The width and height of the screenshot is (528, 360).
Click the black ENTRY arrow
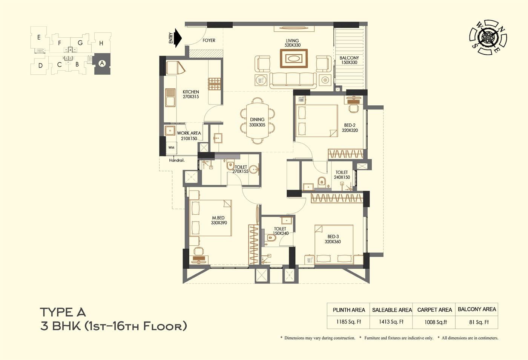[178, 38]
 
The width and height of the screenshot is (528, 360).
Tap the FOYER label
[209, 40]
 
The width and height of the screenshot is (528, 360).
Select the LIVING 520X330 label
[293, 43]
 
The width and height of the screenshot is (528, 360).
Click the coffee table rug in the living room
[294, 58]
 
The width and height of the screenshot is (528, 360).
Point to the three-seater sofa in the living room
[293, 80]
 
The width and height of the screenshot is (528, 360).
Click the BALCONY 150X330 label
[349, 60]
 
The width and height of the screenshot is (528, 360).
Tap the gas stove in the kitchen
[214, 84]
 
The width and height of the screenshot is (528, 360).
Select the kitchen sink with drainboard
[170, 98]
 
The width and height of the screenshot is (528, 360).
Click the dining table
[257, 121]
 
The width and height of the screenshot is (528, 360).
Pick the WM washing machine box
[171, 148]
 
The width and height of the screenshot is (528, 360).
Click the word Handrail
[177, 160]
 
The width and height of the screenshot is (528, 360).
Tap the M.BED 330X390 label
[219, 220]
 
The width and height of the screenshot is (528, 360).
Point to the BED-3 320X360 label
[333, 239]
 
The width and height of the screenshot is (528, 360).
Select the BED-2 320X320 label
[350, 128]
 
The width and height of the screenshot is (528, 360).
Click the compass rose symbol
[487, 37]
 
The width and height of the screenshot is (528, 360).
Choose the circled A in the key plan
[102, 63]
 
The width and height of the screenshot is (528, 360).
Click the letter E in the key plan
[39, 37]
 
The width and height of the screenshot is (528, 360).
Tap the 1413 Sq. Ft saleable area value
[391, 322]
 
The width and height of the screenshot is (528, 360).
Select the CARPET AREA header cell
[434, 310]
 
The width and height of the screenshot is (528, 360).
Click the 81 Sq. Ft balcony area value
[479, 322]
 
